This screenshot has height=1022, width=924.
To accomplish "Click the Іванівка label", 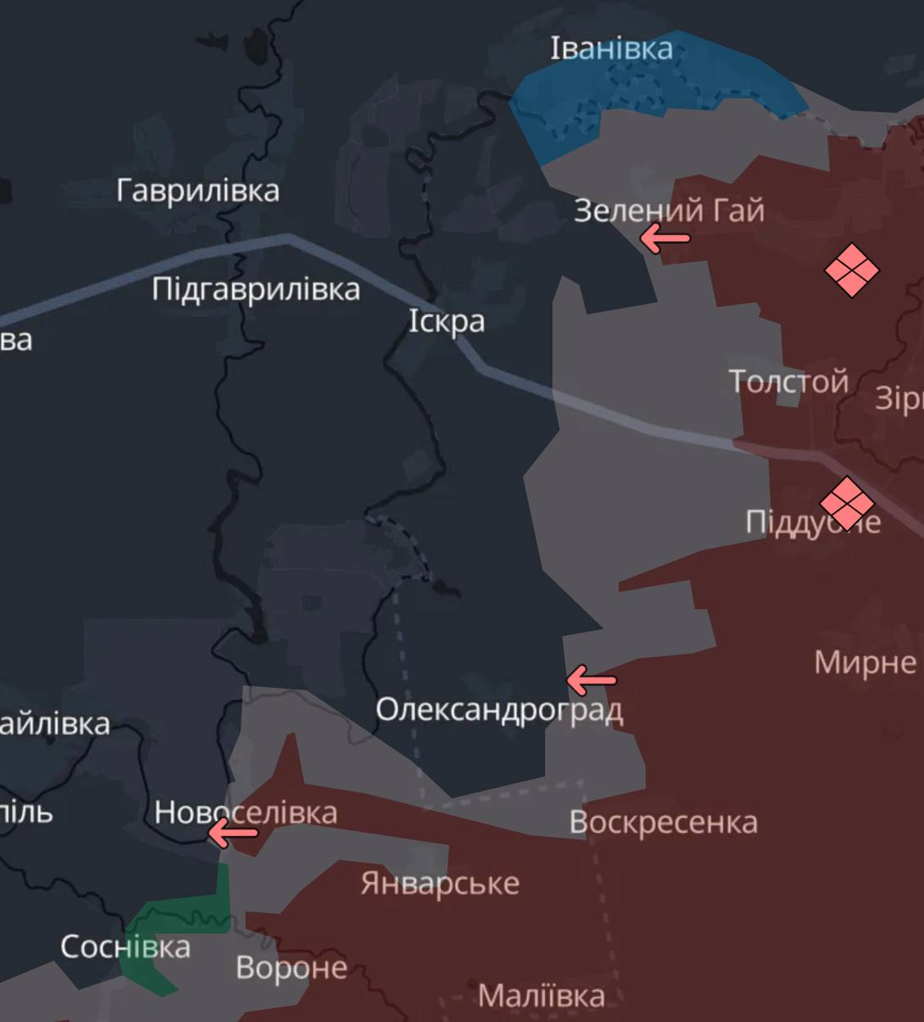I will pyautogui.click(x=611, y=48).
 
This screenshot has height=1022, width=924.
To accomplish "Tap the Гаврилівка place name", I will pyautogui.click(x=198, y=191).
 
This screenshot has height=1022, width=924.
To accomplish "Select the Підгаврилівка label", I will pyautogui.click(x=255, y=289).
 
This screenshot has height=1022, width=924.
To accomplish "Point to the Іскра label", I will pyautogui.click(x=446, y=320).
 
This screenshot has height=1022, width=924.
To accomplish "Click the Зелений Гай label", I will pyautogui.click(x=669, y=210).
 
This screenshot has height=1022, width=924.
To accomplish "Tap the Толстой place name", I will pyautogui.click(x=788, y=381).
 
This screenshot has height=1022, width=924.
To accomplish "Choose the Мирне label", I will pyautogui.click(x=865, y=662).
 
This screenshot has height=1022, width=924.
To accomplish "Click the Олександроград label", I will pyautogui.click(x=499, y=709).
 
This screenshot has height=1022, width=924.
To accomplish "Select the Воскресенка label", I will pyautogui.click(x=663, y=822).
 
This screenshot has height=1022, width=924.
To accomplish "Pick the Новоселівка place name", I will pyautogui.click(x=246, y=812).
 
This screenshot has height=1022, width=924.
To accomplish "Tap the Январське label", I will pyautogui.click(x=439, y=884).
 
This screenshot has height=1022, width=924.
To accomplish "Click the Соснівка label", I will pyautogui.click(x=125, y=947).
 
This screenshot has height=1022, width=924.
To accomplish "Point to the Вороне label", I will pyautogui.click(x=291, y=968).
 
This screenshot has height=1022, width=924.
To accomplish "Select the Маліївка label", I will pyautogui.click(x=541, y=996).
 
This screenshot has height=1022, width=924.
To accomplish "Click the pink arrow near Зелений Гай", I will pyautogui.click(x=664, y=239).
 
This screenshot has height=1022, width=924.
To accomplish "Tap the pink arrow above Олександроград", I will pyautogui.click(x=591, y=680).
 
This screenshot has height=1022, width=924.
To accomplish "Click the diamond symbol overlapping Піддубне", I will pyautogui.click(x=847, y=502).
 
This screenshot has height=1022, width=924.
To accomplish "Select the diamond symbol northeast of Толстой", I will pyautogui.click(x=851, y=269).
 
